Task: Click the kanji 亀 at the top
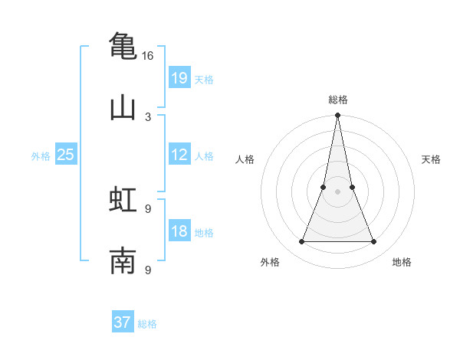click(123, 46)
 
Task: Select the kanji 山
click(123, 108)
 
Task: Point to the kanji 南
click(123, 261)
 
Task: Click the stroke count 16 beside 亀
click(148, 56)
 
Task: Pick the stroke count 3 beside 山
click(148, 117)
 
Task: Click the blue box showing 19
click(179, 77)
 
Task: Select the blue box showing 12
click(179, 155)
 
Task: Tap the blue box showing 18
click(179, 231)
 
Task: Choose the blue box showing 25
click(66, 155)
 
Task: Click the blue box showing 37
click(123, 322)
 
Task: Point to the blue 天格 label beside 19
click(204, 80)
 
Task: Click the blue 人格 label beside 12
click(204, 156)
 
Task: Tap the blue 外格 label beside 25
click(41, 156)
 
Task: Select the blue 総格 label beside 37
click(147, 324)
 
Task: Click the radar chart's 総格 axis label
click(338, 100)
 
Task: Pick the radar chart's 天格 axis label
click(432, 159)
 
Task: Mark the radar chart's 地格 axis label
click(402, 262)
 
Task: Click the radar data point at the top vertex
click(338, 116)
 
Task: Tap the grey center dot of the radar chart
click(338, 191)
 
